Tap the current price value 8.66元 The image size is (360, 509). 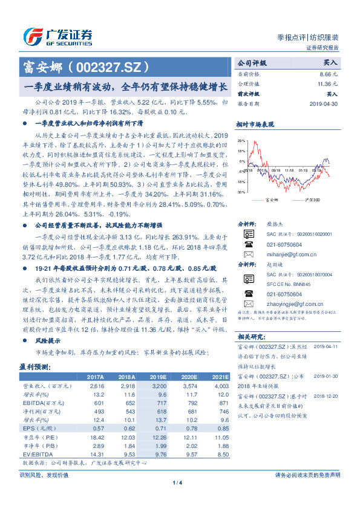click(x=329, y=73)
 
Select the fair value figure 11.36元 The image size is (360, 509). click(x=327, y=83)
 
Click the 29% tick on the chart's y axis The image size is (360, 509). click(x=241, y=140)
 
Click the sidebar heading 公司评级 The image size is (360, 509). click(x=252, y=62)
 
